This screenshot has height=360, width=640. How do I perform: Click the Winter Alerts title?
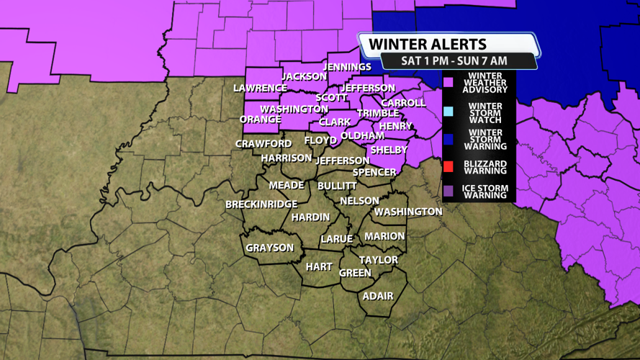coord(428,45)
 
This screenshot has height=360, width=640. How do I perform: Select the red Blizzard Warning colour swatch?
coord(449,167)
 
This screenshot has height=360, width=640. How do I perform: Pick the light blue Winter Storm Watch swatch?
coord(449,111)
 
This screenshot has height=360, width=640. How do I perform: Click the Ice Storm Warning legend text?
coord(487,192)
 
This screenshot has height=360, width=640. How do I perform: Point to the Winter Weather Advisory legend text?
coord(487,83)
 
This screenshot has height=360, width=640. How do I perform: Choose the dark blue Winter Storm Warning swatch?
coord(449,138)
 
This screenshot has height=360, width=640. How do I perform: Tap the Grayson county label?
coord(270,248)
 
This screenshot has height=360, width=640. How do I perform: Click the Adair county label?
coord(378,296)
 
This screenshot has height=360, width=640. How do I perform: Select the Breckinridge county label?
coord(261,204)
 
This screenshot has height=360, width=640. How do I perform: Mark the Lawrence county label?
coord(260,88)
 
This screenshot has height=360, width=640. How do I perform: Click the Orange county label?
coord(260,120)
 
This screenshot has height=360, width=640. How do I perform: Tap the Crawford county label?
coord(263,144)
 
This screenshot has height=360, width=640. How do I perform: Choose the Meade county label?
coord(287,185)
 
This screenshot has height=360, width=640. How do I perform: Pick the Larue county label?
coord(336,239)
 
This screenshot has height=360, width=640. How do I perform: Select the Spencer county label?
coord(374,172)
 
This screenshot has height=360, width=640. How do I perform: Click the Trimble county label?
coord(378,113)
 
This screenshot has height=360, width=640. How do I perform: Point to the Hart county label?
coord(319,266)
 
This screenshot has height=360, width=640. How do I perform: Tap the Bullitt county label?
coord(337,186)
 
